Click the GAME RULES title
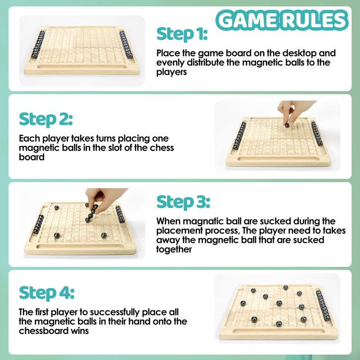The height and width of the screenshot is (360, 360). point(282,20)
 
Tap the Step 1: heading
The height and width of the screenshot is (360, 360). point(182,34)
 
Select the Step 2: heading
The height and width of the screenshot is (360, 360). point(46,119)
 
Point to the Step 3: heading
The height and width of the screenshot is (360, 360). point(183,202)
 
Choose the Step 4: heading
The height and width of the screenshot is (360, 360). point(47,293)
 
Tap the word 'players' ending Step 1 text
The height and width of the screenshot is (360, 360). point(171,72)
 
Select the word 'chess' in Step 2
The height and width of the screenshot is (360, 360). point(162,148)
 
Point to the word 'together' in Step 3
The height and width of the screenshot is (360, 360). point(174,250)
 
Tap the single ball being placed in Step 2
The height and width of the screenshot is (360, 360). point(287,126)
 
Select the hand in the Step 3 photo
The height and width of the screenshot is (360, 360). point(103,199)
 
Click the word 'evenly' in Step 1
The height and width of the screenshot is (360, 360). point(170,63)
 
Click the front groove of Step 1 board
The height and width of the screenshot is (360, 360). point(82,67)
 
